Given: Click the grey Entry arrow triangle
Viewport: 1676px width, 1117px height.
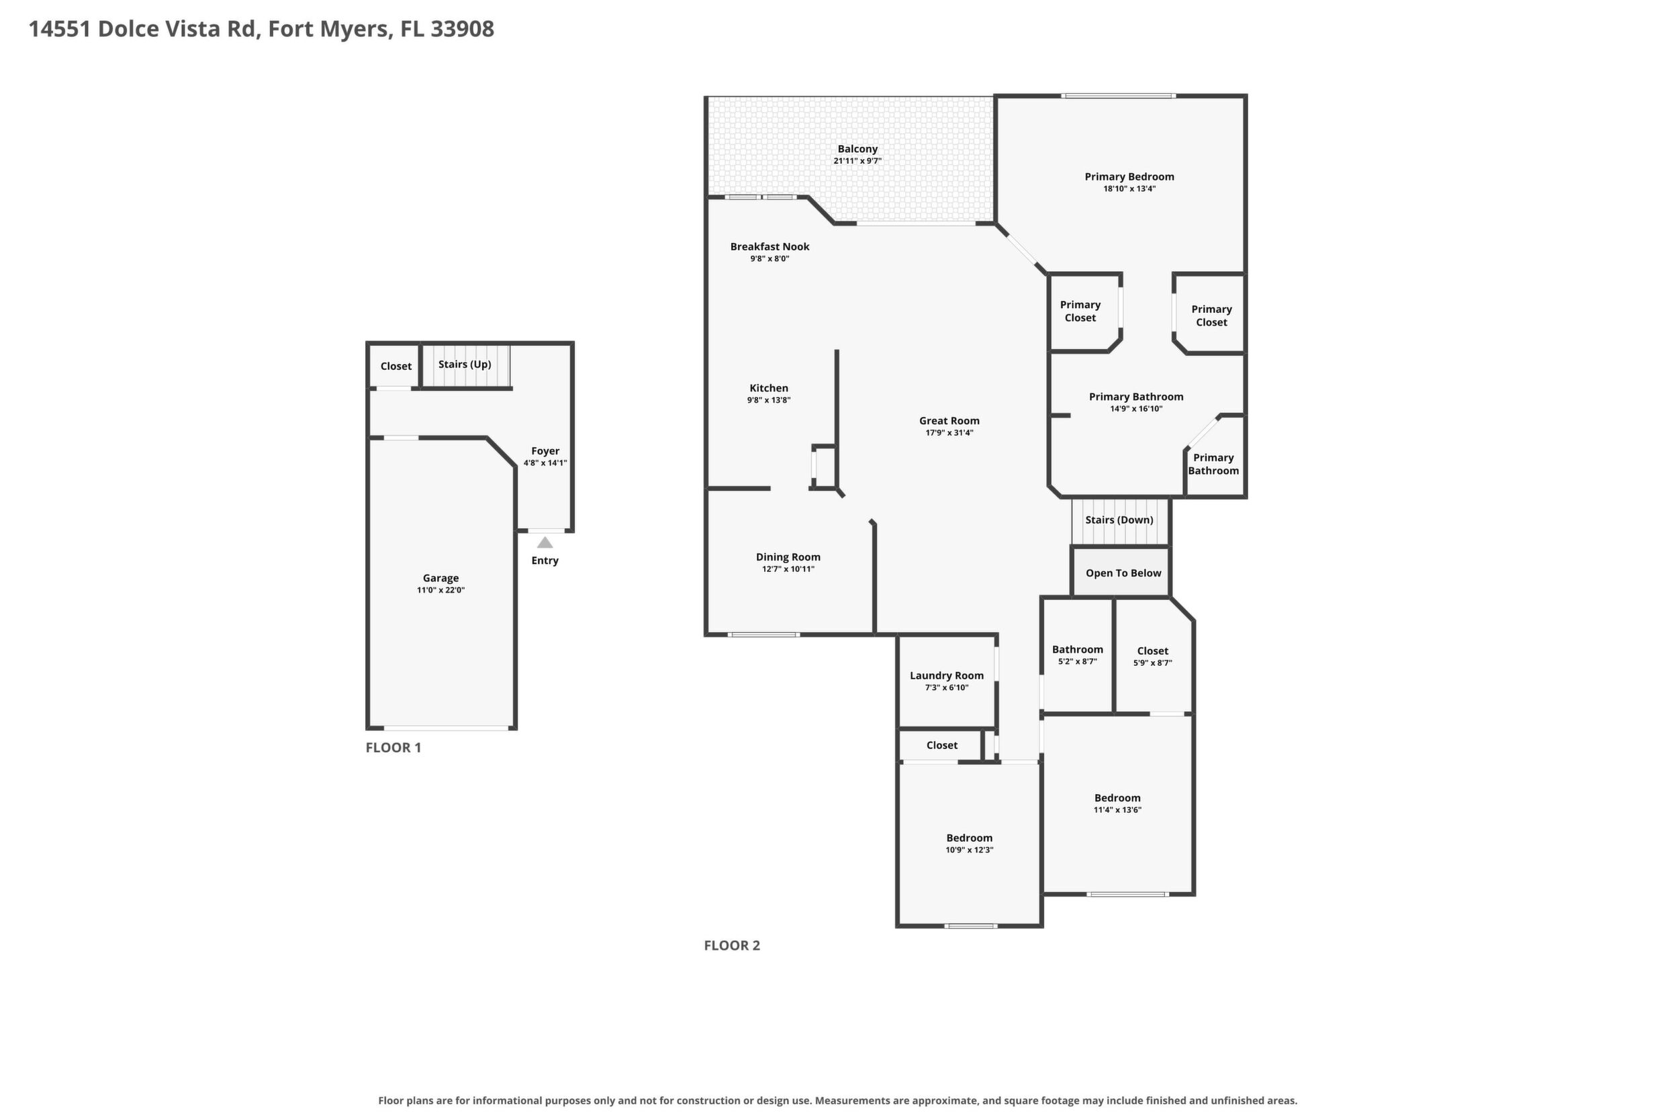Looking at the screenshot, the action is pos(545,543).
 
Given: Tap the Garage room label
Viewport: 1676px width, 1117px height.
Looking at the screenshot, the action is pos(440,579).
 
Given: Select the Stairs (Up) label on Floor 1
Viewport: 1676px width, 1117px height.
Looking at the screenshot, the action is pos(465,365).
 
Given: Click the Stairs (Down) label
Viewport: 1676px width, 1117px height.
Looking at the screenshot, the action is pos(1119,520).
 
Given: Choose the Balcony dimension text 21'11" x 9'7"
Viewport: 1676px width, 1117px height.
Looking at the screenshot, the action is pos(858,161).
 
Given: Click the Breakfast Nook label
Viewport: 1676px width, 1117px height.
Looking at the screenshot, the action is pos(770,246).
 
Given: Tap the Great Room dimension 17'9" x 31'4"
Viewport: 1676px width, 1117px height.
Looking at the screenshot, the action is pos(949,433).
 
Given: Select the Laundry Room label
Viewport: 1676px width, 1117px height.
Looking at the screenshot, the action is pos(947,676).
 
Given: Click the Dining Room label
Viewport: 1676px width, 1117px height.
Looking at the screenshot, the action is pos(788,557).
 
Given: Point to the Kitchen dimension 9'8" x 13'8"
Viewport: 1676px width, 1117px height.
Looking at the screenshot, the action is pos(769,400).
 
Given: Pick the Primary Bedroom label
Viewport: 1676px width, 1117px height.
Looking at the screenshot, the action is pos(1129,177).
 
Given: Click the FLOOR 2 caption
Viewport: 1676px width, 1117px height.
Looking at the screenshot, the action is pos(732,945).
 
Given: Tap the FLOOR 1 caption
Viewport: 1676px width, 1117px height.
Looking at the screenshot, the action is pos(393,747).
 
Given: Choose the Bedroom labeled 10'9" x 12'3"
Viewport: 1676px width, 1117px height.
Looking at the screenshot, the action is pos(970,838).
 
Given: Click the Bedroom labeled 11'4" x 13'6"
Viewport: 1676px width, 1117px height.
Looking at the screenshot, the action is pos(1117,799).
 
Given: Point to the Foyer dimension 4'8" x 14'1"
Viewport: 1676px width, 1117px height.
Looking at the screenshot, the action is pos(545,463).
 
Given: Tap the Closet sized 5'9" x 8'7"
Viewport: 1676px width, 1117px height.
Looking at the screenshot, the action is pos(1153,651).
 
